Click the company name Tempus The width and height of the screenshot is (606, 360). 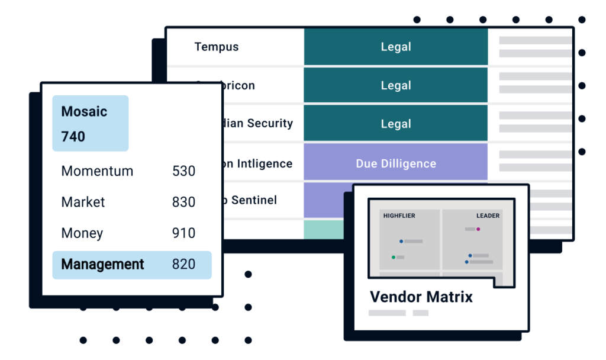click(x=216, y=47)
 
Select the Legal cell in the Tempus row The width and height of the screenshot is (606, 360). click(x=395, y=47)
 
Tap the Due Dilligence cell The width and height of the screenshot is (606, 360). click(x=395, y=163)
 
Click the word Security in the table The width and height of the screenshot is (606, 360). click(x=270, y=123)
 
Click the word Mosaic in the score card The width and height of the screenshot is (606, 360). click(x=84, y=111)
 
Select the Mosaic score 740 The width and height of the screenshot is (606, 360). click(x=73, y=136)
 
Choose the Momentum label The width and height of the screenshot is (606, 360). click(x=97, y=171)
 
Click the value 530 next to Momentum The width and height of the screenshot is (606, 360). click(x=183, y=171)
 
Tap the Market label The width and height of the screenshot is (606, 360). click(x=83, y=202)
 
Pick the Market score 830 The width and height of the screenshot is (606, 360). click(x=183, y=202)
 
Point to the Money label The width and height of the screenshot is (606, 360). click(x=82, y=233)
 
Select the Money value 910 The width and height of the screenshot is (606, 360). click(x=183, y=233)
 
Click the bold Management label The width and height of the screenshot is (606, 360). click(x=102, y=264)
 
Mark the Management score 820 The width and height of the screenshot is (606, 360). click(x=183, y=264)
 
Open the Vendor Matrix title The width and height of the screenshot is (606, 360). click(x=421, y=297)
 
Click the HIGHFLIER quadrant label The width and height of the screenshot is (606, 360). click(x=399, y=216)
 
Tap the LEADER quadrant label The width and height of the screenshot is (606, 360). click(x=488, y=216)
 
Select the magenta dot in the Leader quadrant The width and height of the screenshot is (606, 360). click(x=478, y=229)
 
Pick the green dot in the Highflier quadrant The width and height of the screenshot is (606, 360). click(x=393, y=257)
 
